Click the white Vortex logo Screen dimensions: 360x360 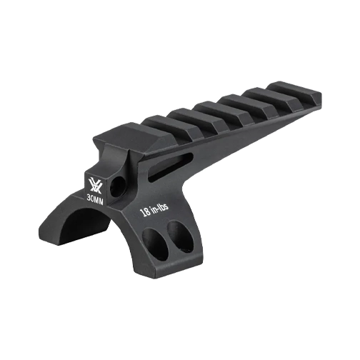pos(95,185)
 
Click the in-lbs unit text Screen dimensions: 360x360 pos(161,207)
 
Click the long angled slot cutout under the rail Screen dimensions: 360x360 pos(169,166)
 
